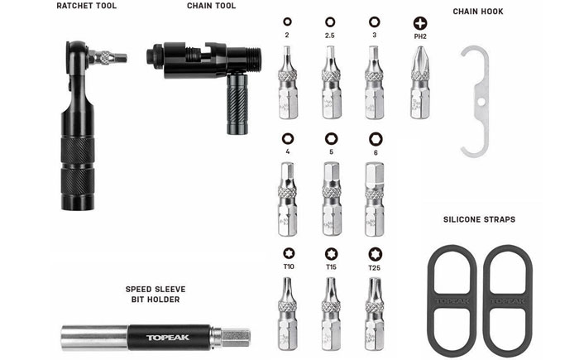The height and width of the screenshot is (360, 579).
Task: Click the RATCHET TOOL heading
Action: point(86,6)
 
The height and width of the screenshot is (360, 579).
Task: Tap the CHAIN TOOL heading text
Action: point(211,6)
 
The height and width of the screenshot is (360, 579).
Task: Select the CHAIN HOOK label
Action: point(478,12)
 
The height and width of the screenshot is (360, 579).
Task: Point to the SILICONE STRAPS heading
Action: point(479,219)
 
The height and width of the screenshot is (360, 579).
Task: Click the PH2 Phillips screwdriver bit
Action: point(420,82)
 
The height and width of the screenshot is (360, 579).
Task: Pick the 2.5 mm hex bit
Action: point(331,82)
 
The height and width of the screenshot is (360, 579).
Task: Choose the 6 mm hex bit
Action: point(375,199)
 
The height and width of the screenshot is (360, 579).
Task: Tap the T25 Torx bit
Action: point(375,314)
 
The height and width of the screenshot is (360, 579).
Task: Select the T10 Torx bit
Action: point(288,314)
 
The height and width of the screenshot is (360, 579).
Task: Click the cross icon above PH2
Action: point(420,23)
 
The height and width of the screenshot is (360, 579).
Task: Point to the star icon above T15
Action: point(331,254)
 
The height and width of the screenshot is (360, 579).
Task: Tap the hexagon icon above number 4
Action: point(288,139)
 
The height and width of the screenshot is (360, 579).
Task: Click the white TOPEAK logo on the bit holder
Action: point(168,338)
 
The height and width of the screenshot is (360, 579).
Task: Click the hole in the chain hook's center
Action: point(481,101)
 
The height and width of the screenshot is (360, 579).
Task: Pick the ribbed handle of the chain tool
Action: point(237,103)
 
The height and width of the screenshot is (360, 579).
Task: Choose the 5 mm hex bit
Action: point(331,199)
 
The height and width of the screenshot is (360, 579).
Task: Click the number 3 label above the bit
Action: point(375,35)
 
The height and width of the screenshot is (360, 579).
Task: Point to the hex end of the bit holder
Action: point(236,338)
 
